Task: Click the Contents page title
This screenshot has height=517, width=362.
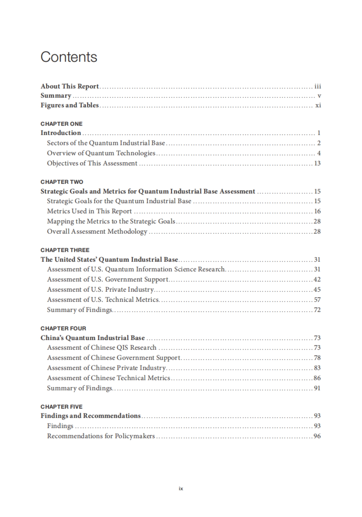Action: pos(69,57)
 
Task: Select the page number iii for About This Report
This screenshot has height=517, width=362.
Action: pos(318,87)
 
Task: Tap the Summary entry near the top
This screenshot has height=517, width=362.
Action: pos(56,96)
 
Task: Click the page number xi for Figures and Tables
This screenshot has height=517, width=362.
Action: pos(318,105)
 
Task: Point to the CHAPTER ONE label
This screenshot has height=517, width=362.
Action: pos(62,124)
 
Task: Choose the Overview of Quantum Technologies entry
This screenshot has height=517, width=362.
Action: pos(101,153)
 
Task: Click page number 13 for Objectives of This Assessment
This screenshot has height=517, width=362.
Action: pos(317,163)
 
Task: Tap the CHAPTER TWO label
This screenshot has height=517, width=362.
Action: pos(62,182)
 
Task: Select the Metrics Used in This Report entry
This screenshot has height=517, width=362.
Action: pos(89,211)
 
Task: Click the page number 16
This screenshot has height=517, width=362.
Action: pos(317,211)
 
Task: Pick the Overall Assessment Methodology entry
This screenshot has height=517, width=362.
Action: pos(97,232)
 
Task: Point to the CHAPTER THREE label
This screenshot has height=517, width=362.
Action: pos(65,250)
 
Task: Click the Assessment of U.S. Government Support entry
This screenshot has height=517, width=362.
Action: pos(108,279)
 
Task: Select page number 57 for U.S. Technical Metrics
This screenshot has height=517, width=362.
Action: pos(317,300)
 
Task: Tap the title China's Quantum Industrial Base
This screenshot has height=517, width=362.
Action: pos(93,338)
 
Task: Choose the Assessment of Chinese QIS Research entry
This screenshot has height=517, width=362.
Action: pos(102,348)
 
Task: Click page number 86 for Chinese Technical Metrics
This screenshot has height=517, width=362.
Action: pos(317,378)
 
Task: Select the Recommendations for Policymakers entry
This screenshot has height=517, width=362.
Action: pos(101,436)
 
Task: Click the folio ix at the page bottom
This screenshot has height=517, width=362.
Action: pos(181,489)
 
